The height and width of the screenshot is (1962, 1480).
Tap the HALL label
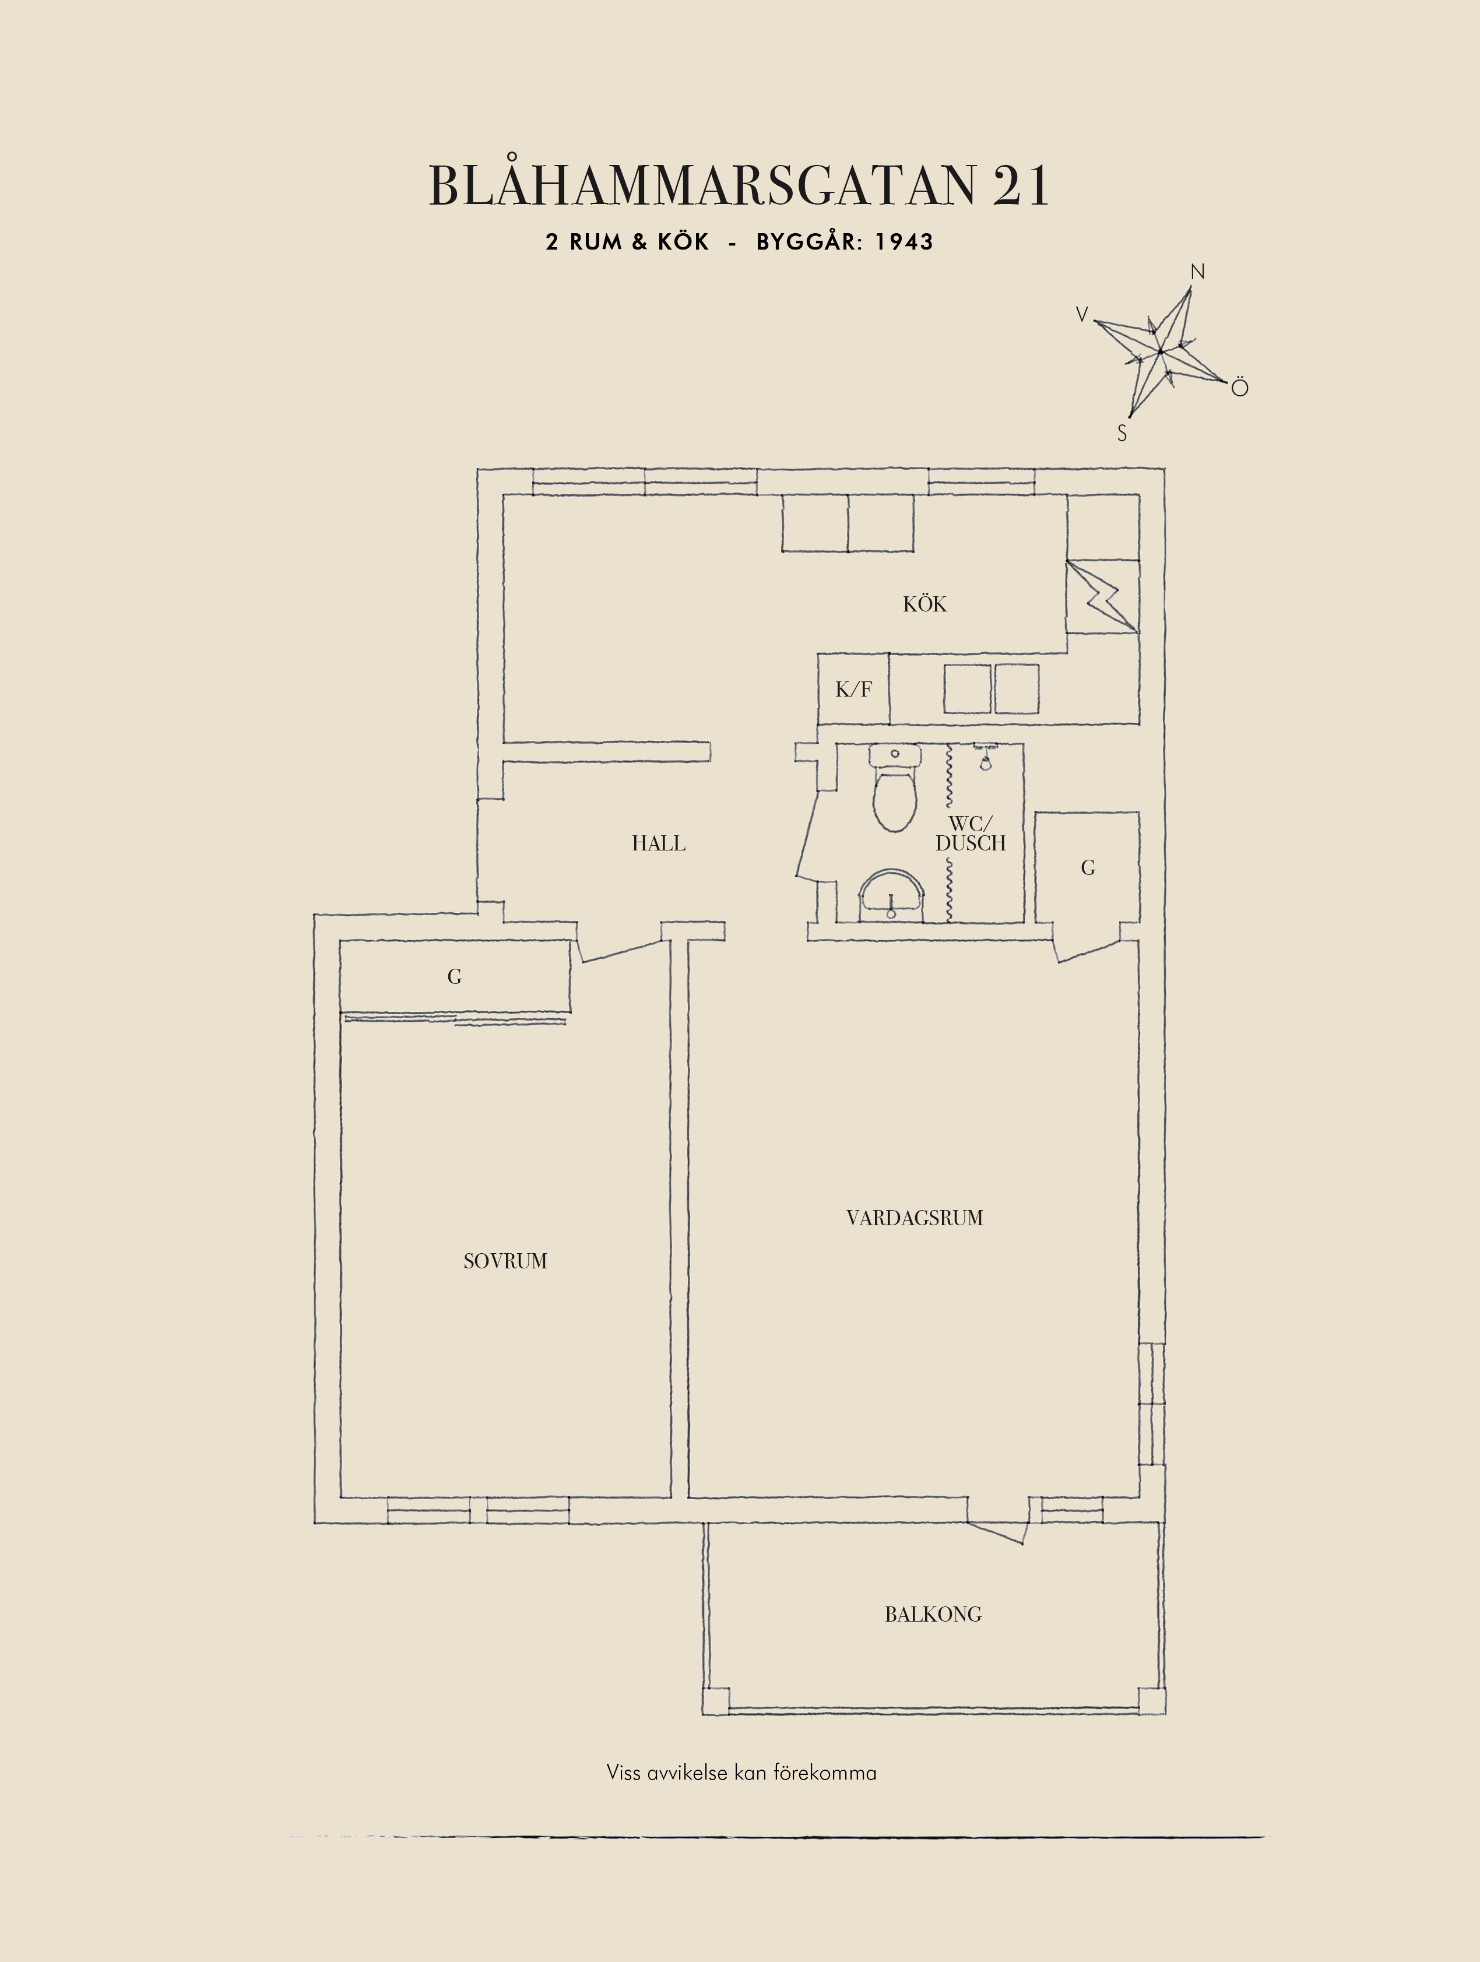[658, 843]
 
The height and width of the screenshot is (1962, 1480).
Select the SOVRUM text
[505, 1261]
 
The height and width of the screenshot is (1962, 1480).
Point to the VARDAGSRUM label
[915, 1218]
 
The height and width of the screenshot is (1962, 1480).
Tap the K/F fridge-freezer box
[853, 689]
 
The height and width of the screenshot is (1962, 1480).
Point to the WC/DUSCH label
[971, 834]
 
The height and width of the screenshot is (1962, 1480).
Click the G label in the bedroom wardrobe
[455, 976]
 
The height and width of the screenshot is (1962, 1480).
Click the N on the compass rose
[1197, 272]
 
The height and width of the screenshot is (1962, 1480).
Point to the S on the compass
[1122, 434]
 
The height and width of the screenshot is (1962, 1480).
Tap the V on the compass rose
[1082, 314]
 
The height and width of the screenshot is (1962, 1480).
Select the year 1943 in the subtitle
[905, 242]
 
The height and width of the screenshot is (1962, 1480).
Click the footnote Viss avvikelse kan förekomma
[741, 1772]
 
